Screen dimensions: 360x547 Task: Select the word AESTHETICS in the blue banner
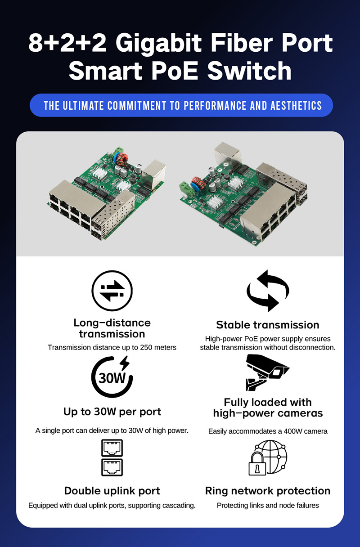point(296,106)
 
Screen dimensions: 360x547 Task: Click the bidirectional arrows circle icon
point(112,291)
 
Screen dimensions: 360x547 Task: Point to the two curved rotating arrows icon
point(268,291)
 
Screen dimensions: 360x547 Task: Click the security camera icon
point(267,372)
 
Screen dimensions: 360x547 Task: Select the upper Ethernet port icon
point(112,448)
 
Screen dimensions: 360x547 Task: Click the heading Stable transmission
point(268,325)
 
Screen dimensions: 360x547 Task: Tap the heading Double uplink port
point(112,491)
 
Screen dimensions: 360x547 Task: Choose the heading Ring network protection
point(268,491)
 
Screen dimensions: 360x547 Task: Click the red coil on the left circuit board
point(122,159)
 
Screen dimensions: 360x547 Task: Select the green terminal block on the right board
point(187,189)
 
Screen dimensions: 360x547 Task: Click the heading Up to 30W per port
point(112,412)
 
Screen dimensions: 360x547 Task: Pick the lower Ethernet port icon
point(112,467)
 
